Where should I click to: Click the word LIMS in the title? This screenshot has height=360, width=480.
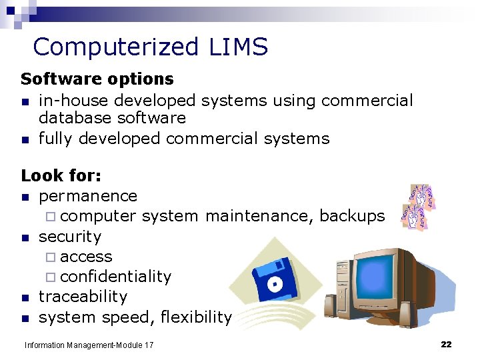(x=238, y=47)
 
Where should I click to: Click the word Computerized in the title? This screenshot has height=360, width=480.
(x=115, y=47)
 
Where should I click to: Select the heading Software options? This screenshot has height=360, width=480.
(x=97, y=79)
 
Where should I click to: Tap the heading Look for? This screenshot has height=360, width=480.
(x=61, y=176)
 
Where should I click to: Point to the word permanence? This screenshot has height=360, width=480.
(x=88, y=197)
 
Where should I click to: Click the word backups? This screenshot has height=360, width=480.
(x=352, y=216)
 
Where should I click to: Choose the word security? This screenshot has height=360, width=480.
(x=70, y=237)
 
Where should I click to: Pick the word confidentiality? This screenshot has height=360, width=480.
(x=115, y=277)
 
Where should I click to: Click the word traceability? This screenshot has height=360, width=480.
(x=83, y=297)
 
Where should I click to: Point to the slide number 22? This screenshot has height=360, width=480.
(x=446, y=345)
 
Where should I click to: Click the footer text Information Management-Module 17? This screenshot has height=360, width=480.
(x=89, y=345)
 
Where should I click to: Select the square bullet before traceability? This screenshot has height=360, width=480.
(x=25, y=298)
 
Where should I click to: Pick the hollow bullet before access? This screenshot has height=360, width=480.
(x=52, y=257)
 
